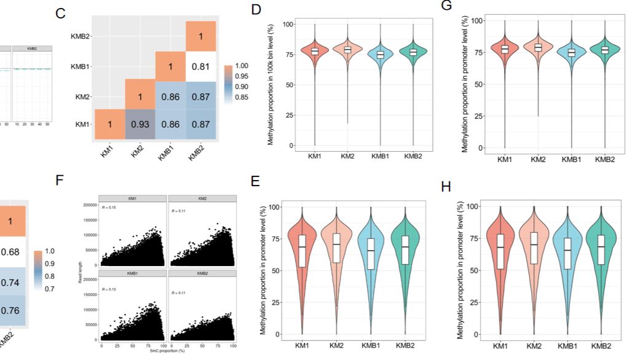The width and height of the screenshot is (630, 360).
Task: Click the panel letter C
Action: point(60,13)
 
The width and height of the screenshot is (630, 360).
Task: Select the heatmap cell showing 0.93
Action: point(141,124)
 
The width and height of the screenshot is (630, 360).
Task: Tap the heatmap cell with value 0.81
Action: point(200,66)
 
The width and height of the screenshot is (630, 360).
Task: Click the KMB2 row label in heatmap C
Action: point(82,36)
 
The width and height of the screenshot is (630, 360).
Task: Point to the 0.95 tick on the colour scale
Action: point(240,76)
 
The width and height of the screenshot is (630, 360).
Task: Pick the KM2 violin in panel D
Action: point(347,49)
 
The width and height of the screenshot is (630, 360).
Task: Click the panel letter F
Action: point(60,181)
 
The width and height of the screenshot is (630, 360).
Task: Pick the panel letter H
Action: point(446,186)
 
